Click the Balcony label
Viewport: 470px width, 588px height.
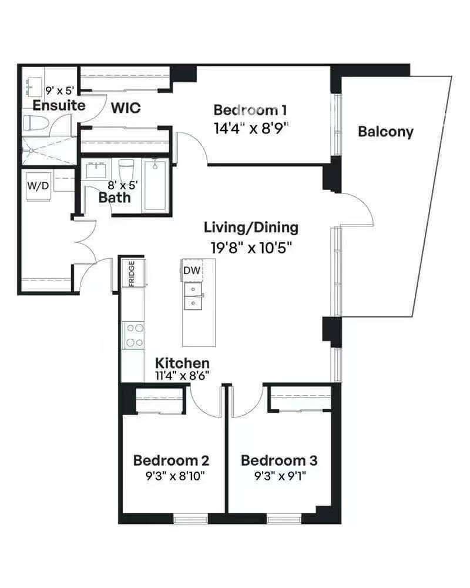[385, 132]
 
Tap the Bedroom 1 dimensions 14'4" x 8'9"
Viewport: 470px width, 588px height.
[251, 129]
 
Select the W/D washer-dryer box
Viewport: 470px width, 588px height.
[38, 186]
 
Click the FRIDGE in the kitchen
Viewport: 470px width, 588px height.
[133, 273]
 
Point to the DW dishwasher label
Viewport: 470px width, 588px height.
[192, 270]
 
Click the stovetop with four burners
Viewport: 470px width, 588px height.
[134, 335]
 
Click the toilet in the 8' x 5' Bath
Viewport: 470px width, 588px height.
[126, 170]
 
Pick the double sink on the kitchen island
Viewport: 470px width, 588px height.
[193, 296]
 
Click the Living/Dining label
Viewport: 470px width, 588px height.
[251, 227]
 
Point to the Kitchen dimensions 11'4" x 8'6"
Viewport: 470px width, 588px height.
[182, 375]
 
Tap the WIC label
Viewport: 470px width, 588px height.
[126, 108]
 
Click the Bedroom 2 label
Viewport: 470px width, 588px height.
[172, 460]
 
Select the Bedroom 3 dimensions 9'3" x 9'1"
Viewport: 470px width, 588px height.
[280, 476]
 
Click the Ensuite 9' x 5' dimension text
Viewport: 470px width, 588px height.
[59, 91]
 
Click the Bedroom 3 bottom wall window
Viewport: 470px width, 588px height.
[284, 519]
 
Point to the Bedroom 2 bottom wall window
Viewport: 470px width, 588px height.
[190, 519]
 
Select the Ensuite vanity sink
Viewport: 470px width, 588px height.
[34, 86]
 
